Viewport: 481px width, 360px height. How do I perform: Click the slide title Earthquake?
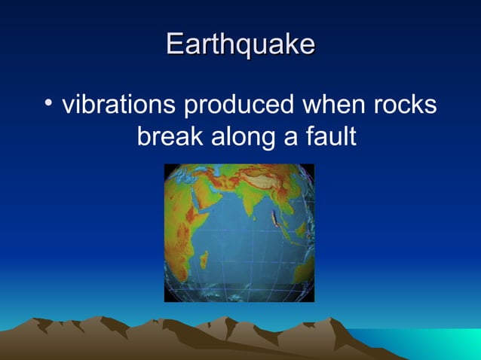240,44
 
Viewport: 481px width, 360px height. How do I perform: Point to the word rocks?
405,105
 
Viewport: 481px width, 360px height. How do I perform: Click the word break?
167,137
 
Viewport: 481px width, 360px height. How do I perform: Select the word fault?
329,137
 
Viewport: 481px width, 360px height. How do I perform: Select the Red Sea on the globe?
185,197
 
